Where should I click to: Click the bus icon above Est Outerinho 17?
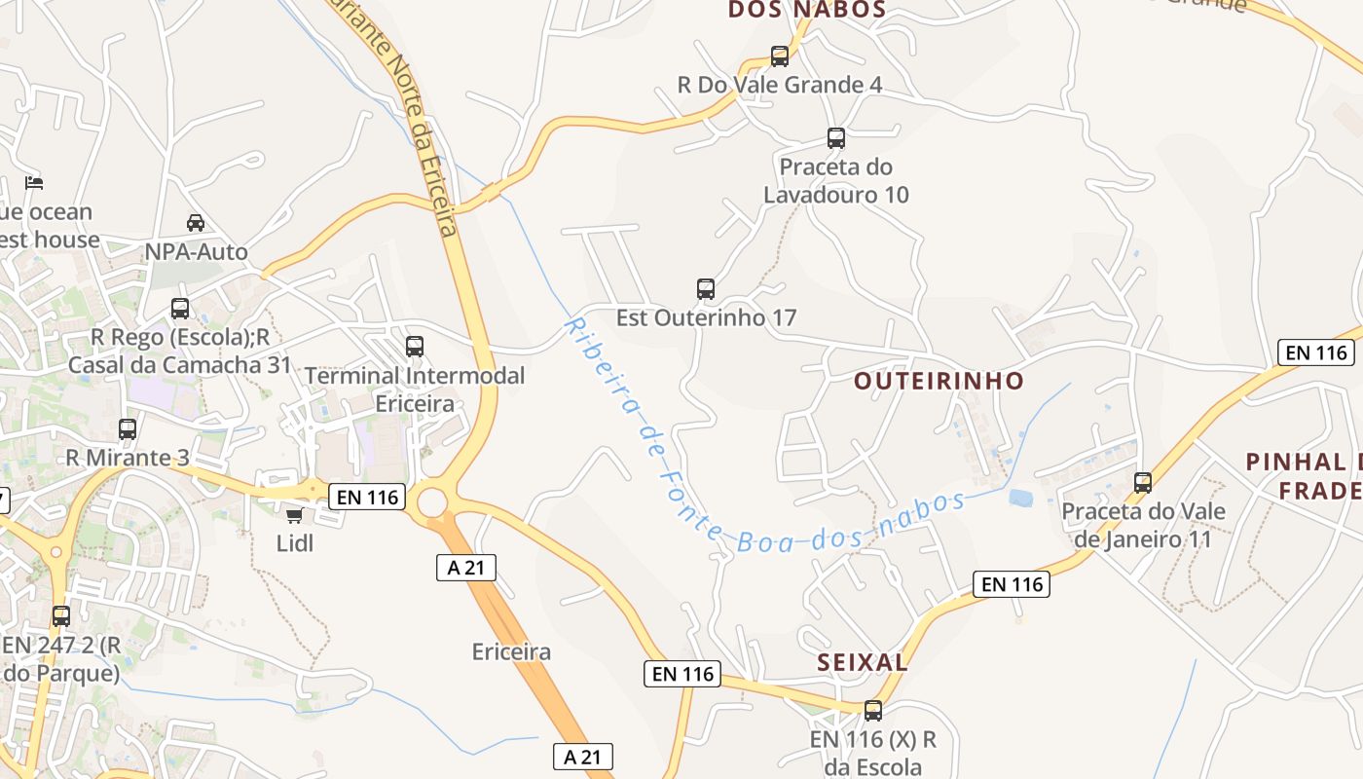tap(706, 289)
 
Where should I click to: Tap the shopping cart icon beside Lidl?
tap(294, 515)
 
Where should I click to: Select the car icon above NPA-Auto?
tap(196, 223)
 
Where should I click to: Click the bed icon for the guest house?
tap(34, 183)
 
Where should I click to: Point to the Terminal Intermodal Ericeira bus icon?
tap(415, 347)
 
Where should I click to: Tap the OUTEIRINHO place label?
tap(939, 381)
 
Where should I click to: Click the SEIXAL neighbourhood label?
tap(863, 663)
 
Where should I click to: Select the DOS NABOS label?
tap(807, 10)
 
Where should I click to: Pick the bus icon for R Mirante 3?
tap(128, 429)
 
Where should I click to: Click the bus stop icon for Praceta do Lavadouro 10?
tap(836, 138)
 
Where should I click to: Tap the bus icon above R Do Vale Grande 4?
tap(780, 56)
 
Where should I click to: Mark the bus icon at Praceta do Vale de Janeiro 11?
tap(1143, 483)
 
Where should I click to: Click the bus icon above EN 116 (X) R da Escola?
tap(873, 711)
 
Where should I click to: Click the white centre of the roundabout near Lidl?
tap(432, 503)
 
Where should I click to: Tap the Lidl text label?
tap(295, 543)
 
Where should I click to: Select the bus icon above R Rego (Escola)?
tap(180, 309)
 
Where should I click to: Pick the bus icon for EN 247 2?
tap(61, 616)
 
